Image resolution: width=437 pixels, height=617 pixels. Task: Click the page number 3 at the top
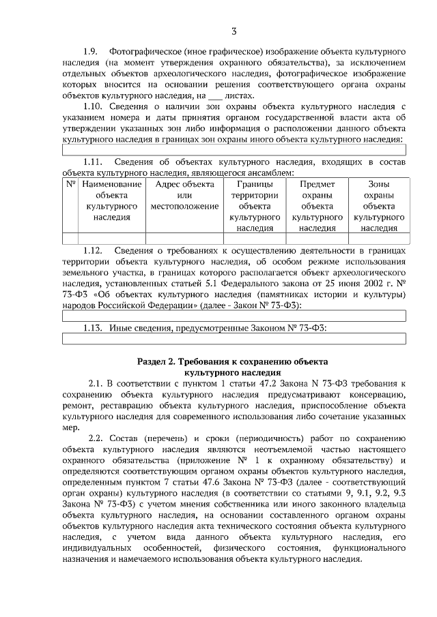[x=234, y=31]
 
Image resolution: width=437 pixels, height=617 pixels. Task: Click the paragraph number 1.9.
[x=91, y=52]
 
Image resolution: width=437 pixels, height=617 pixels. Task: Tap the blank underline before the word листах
[x=216, y=97]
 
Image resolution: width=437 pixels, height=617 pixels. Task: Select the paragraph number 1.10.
[x=94, y=108]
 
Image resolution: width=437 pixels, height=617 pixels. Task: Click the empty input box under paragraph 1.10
[x=234, y=150]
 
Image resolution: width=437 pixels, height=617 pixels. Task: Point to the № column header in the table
[x=70, y=184]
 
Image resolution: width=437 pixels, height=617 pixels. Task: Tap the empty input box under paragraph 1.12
[x=234, y=316]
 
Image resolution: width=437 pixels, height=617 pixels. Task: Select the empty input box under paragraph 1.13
[x=234, y=339]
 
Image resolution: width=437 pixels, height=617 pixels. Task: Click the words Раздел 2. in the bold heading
[x=157, y=361]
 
